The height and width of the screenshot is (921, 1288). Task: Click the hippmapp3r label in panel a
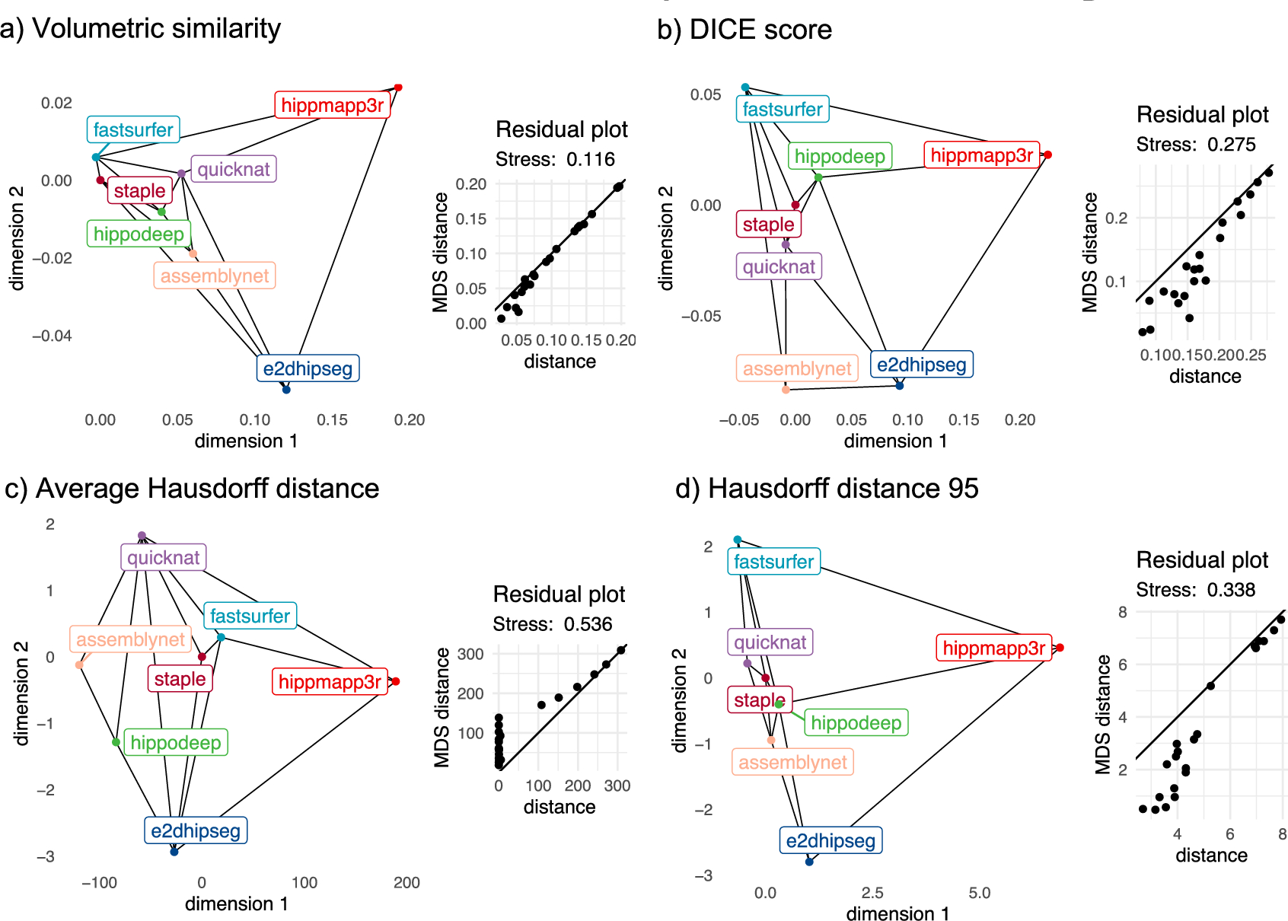pyautogui.click(x=332, y=105)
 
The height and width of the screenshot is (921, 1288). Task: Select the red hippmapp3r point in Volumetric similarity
pyautogui.click(x=398, y=88)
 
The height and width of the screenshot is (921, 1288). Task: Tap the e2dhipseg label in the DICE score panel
pyautogui.click(x=921, y=365)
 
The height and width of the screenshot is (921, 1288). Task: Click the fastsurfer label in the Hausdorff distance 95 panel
pyautogui.click(x=773, y=562)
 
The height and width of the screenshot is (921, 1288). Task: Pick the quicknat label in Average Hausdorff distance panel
pyautogui.click(x=163, y=557)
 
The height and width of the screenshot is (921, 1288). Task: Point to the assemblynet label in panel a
pyautogui.click(x=215, y=276)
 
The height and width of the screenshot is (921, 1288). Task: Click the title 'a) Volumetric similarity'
pyautogui.click(x=141, y=29)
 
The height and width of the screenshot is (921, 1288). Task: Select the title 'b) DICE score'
pyautogui.click(x=744, y=30)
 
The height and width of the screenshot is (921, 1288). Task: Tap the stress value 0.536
pyautogui.click(x=588, y=624)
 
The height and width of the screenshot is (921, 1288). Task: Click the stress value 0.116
pyautogui.click(x=591, y=159)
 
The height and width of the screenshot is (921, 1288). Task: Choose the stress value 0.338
pyautogui.click(x=1230, y=590)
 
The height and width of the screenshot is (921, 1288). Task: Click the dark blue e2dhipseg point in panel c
pyautogui.click(x=174, y=852)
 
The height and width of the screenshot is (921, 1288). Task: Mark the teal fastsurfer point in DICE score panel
pyautogui.click(x=745, y=88)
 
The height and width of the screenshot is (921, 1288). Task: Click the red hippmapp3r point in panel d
pyautogui.click(x=1060, y=648)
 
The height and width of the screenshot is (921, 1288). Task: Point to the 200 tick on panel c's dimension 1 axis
pyautogui.click(x=406, y=882)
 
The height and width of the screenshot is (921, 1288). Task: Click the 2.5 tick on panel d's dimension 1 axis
pyautogui.click(x=872, y=893)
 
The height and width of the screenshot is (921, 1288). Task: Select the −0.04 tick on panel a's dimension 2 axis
pyautogui.click(x=52, y=336)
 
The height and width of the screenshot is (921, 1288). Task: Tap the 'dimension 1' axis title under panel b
pyautogui.click(x=895, y=441)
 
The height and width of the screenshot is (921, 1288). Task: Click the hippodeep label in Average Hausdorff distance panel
pyautogui.click(x=175, y=743)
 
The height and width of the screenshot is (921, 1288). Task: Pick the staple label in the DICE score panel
pyautogui.click(x=768, y=225)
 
